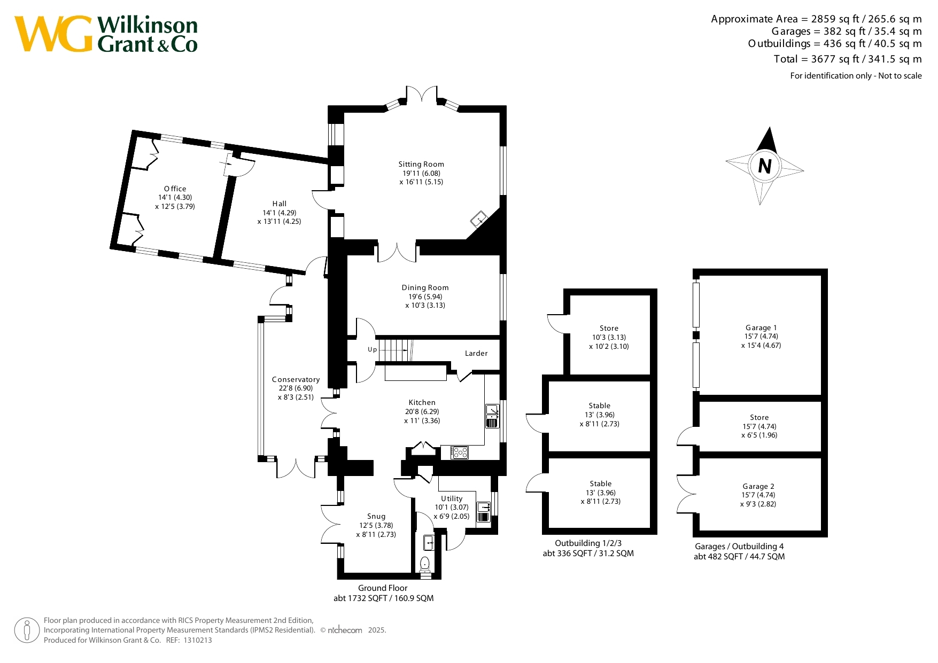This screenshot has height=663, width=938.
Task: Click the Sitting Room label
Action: tap(421, 164)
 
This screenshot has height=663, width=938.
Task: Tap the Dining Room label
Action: tap(425, 287)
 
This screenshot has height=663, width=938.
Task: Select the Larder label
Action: tap(476, 353)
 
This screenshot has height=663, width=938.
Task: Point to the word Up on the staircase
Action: tap(372, 349)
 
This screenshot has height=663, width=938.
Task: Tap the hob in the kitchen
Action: tap(460, 453)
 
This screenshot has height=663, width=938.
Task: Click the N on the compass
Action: tap(765, 166)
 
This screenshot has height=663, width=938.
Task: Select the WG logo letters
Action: tap(53, 34)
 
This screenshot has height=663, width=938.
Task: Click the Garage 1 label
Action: tap(761, 327)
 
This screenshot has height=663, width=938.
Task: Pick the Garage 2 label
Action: tap(758, 486)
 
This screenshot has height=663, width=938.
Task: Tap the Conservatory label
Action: tap(296, 379)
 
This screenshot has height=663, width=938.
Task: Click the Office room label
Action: tap(175, 189)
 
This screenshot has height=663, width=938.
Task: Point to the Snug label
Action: tap(376, 516)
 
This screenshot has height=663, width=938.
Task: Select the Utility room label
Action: tap(452, 498)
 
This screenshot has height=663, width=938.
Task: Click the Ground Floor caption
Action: tap(383, 588)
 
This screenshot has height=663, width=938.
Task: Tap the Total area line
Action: tap(848, 59)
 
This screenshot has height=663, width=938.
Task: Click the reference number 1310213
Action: tap(198, 640)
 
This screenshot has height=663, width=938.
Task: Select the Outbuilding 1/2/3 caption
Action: tap(588, 543)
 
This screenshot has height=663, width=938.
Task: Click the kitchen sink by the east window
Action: tap(492, 416)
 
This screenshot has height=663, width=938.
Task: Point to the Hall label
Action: tap(280, 204)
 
